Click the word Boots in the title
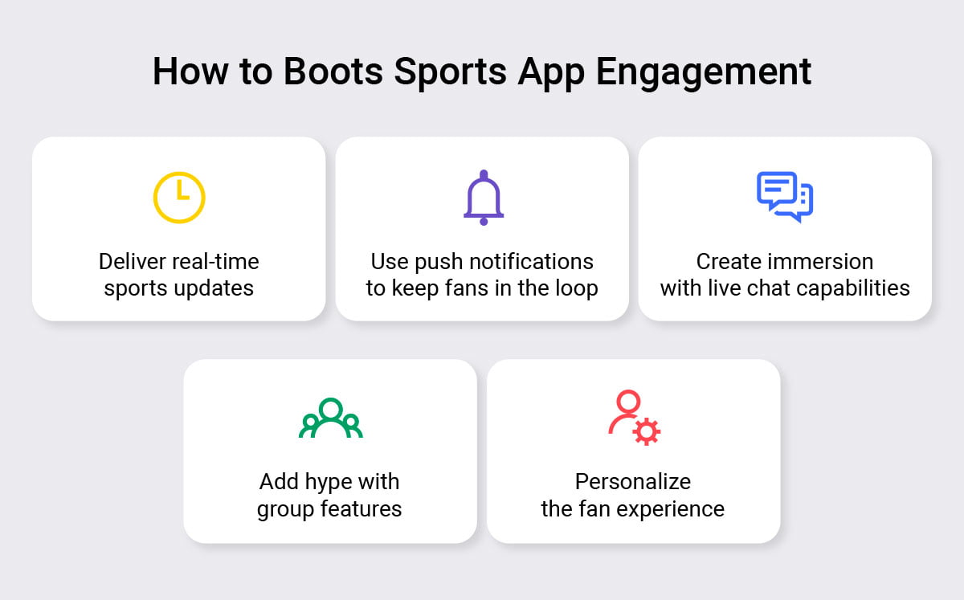[333, 71]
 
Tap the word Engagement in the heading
[704, 74]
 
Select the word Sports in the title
[450, 74]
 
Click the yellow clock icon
[179, 198]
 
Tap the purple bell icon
[484, 198]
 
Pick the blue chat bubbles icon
[785, 197]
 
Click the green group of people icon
[330, 418]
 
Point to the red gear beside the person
[647, 431]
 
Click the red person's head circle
[628, 402]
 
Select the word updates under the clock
[214, 288]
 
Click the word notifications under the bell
[532, 261]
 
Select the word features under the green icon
[361, 508]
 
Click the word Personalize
[633, 481]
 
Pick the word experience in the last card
[671, 509]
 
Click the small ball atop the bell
[484, 173]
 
